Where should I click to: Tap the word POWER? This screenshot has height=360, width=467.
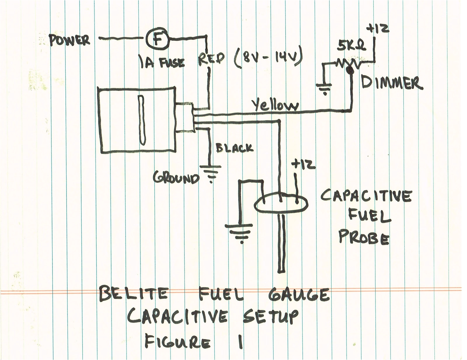tap(69, 40)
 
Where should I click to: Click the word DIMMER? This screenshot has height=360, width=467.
tap(391, 82)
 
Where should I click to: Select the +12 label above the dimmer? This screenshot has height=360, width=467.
tap(378, 29)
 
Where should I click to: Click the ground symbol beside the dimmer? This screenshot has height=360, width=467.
tap(324, 88)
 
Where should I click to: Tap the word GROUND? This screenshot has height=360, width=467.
tap(176, 178)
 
